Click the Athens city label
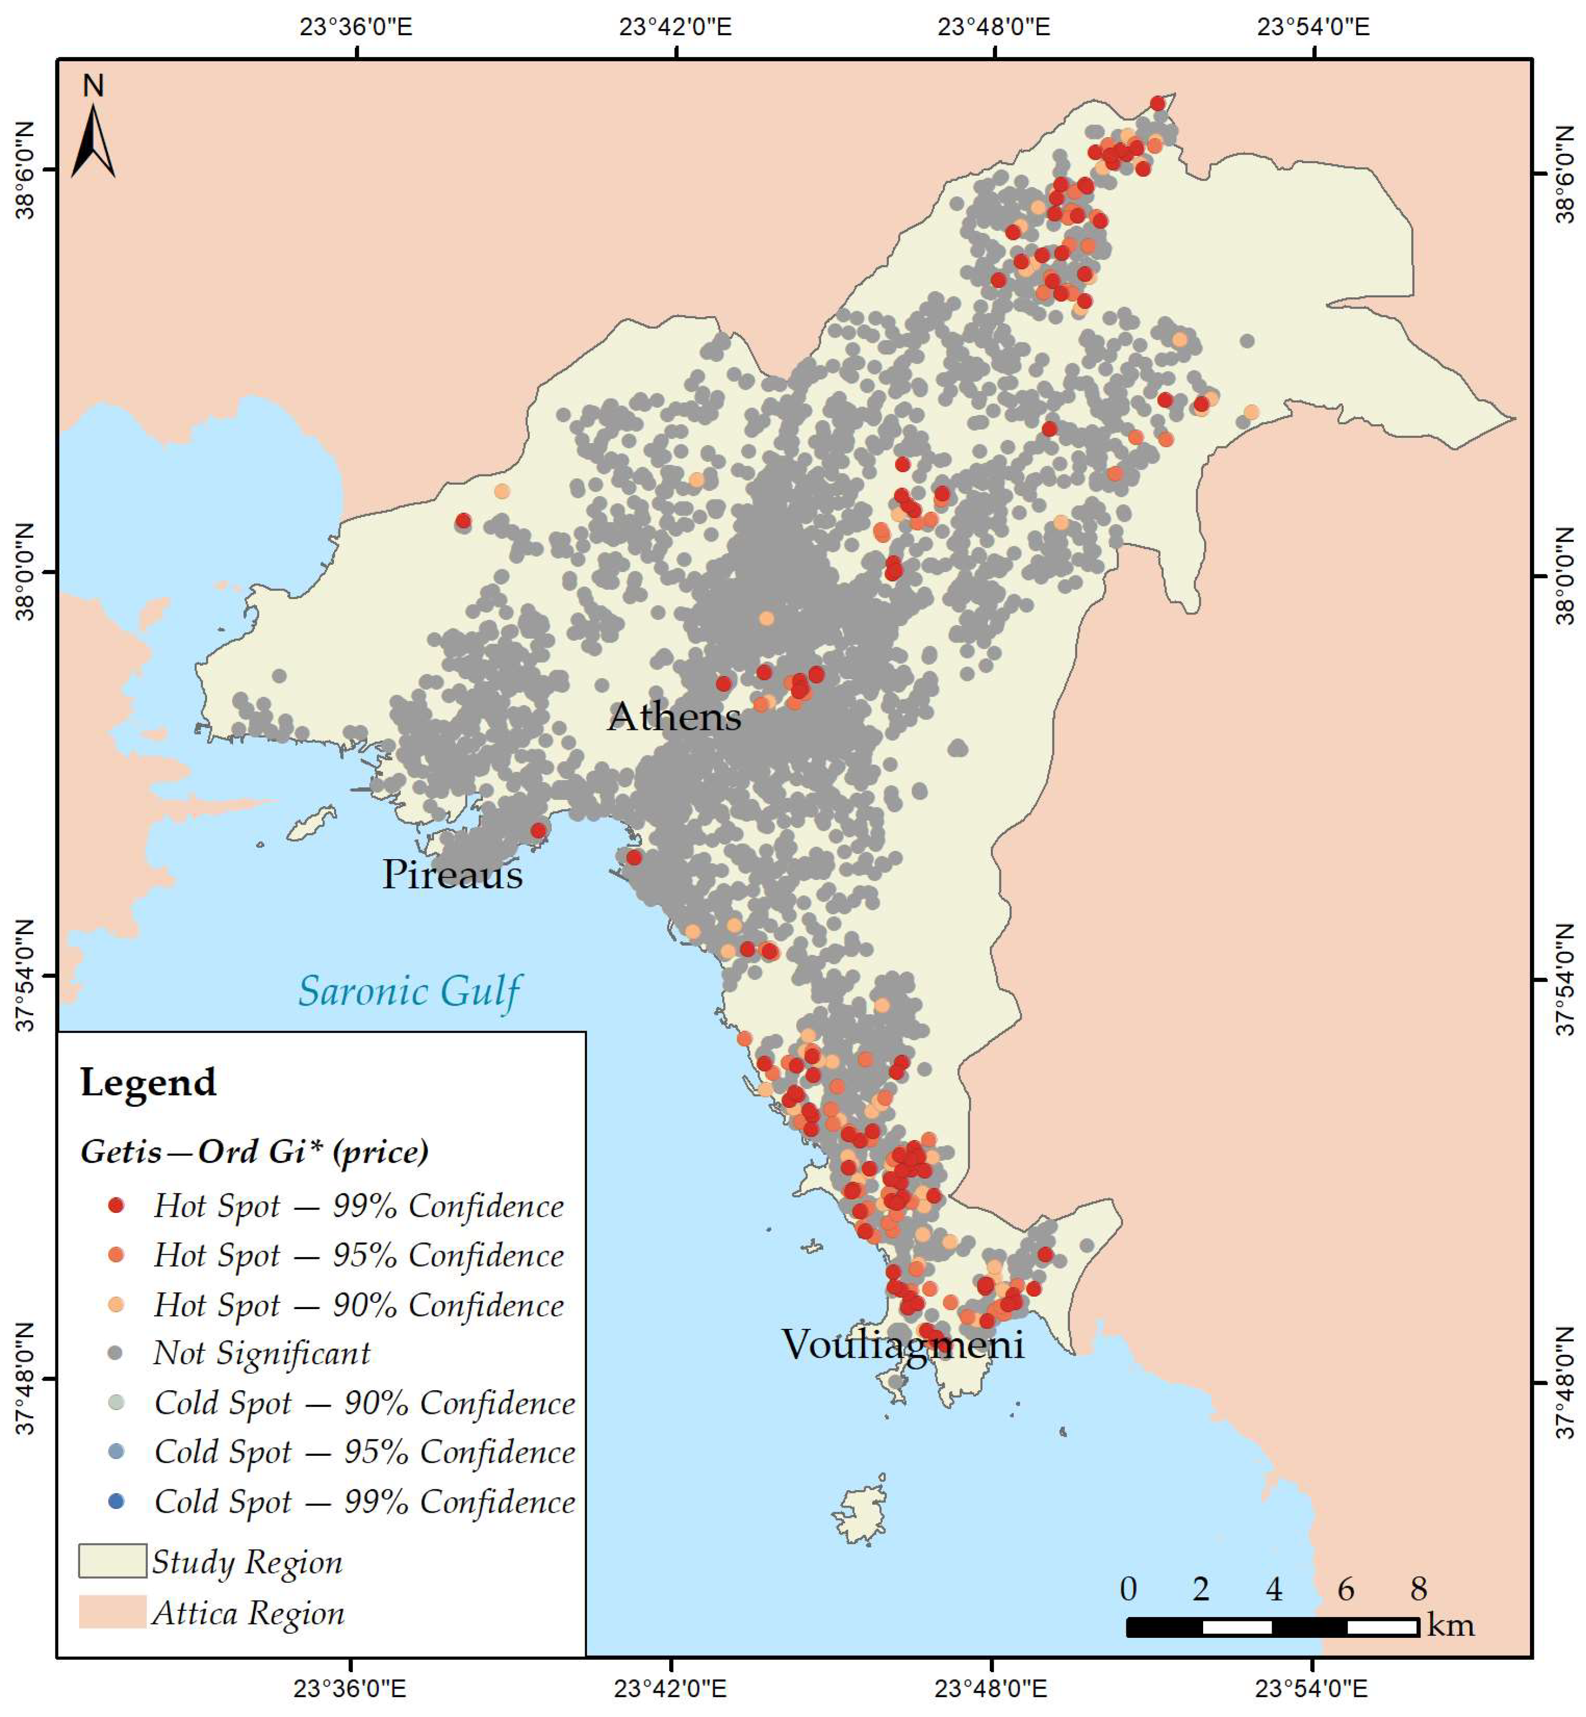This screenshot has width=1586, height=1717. (x=674, y=716)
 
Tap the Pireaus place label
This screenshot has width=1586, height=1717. (x=452, y=874)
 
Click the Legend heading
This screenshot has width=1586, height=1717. (x=148, y=1082)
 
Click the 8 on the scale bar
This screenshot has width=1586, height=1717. (x=1418, y=1589)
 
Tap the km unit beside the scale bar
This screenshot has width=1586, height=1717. (x=1450, y=1625)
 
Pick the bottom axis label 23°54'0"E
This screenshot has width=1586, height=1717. (x=1311, y=1688)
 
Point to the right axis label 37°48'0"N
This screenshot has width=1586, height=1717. (x=1566, y=1379)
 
